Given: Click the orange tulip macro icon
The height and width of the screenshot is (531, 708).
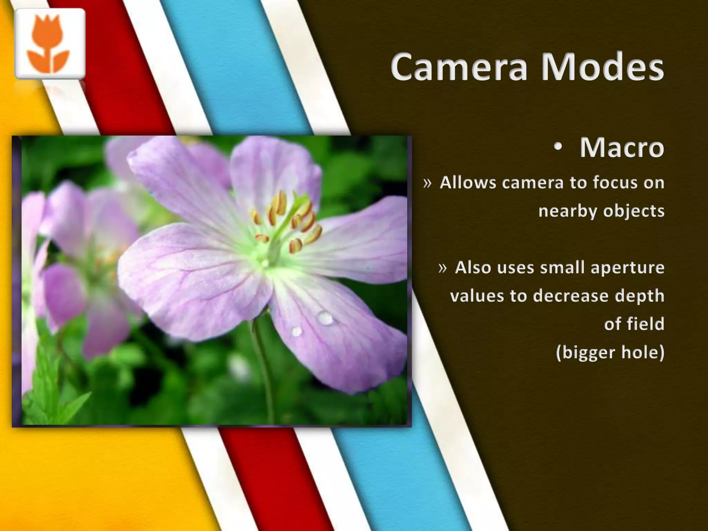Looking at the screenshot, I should [50, 44].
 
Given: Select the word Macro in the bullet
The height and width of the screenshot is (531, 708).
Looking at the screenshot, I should [622, 148].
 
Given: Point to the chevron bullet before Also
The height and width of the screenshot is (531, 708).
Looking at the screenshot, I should [442, 268].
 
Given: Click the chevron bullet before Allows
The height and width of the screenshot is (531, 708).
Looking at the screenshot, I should [428, 183].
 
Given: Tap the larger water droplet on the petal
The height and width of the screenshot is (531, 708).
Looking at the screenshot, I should [325, 318].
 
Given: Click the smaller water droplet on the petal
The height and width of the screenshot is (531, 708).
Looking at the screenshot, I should [297, 332].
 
